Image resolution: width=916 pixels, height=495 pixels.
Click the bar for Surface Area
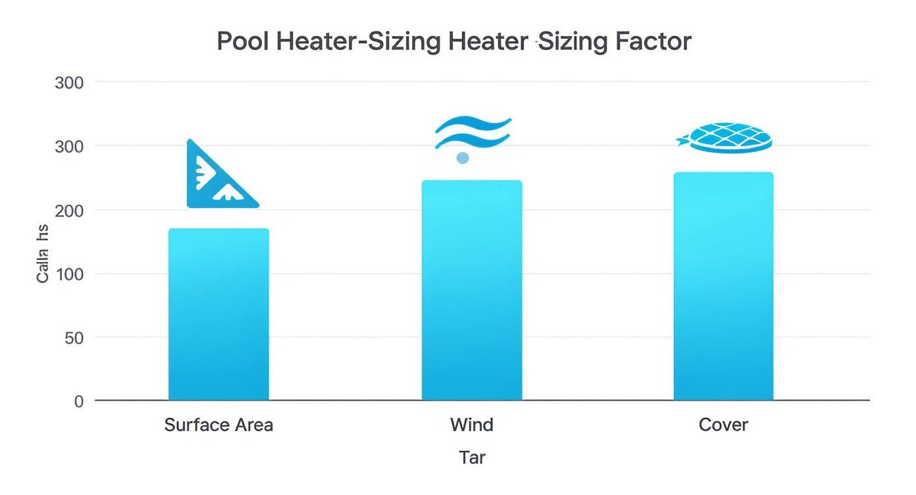coord(218,315)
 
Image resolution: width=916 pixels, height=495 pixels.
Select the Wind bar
coord(472,290)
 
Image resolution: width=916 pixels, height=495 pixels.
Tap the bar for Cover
coord(723,286)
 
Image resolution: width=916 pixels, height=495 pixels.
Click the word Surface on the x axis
coord(195,425)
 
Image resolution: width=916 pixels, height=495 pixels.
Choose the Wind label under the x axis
coord(472,425)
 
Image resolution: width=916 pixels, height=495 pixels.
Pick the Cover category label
coord(723,425)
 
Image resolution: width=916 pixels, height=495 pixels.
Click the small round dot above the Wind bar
coord(463,158)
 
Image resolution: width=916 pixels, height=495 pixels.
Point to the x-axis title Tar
coord(472,457)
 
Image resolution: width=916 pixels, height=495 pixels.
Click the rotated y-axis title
coord(43,253)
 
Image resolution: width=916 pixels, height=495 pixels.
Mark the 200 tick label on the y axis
coord(70,210)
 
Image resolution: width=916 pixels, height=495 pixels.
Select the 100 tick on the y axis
coord(70,274)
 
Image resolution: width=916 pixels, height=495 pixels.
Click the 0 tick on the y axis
coord(79,401)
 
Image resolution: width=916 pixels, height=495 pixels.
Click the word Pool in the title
coord(243,41)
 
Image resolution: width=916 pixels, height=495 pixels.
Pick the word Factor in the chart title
coord(653,41)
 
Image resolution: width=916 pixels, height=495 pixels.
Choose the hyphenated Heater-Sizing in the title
coord(359,41)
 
